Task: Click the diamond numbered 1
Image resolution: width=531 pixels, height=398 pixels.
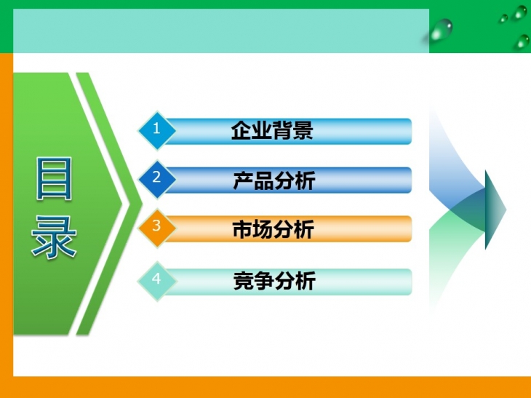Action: [x=157, y=130]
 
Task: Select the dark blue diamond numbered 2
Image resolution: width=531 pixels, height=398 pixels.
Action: [x=157, y=179]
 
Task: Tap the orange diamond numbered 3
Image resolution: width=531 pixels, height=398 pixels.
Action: [x=157, y=228]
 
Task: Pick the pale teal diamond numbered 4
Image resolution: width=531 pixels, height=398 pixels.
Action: [x=157, y=281]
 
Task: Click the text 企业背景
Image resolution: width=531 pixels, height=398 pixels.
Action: [x=272, y=130]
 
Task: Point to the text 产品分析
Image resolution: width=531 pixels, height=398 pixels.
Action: [x=274, y=180]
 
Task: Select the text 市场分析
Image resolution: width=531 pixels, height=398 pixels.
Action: [x=274, y=229]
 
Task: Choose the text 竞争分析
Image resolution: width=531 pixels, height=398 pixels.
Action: [x=274, y=281]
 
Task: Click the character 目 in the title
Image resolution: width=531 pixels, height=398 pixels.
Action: [x=54, y=178]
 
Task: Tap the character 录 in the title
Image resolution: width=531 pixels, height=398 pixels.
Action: [x=54, y=237]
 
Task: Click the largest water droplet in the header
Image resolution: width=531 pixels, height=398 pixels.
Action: [x=441, y=30]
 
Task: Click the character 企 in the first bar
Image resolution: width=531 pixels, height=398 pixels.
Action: [x=241, y=130]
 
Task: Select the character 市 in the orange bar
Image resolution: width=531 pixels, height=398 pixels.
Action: [x=242, y=229]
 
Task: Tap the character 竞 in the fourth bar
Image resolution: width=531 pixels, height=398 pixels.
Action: [x=243, y=281]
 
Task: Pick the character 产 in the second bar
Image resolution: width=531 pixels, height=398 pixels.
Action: [x=243, y=180]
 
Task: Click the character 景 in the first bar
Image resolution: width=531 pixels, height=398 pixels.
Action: [x=303, y=130]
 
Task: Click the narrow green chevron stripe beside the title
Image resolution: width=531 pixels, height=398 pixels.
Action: [x=109, y=203]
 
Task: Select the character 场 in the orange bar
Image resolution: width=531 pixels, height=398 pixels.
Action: [x=263, y=229]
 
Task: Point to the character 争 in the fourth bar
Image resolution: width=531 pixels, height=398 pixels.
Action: [x=264, y=281]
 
